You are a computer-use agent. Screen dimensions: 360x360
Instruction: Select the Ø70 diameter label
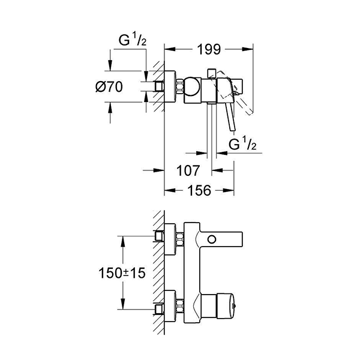click(x=109, y=87)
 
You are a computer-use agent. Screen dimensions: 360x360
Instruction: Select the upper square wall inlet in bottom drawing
click(x=160, y=236)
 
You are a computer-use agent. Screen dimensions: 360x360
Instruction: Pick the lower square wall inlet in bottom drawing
click(x=160, y=308)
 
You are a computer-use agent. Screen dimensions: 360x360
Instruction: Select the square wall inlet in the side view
click(x=160, y=86)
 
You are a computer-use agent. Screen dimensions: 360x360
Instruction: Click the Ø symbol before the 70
click(x=100, y=87)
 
